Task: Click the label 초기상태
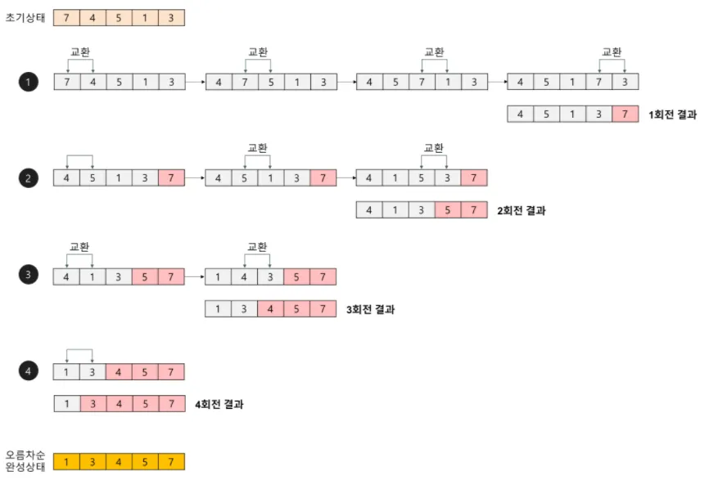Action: pyautogui.click(x=24, y=18)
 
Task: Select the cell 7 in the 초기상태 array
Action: pyautogui.click(x=66, y=18)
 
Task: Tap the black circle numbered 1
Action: pyautogui.click(x=29, y=82)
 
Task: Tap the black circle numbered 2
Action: pyautogui.click(x=29, y=177)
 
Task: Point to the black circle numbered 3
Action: pyautogui.click(x=29, y=276)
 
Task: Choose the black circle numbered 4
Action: pyautogui.click(x=29, y=372)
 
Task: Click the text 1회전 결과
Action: pyautogui.click(x=672, y=114)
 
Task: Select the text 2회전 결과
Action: pyautogui.click(x=521, y=210)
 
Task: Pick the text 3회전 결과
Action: pyautogui.click(x=370, y=309)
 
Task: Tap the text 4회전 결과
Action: pyautogui.click(x=218, y=404)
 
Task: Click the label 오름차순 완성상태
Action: pyautogui.click(x=25, y=460)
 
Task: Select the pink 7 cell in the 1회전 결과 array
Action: pyautogui.click(x=625, y=114)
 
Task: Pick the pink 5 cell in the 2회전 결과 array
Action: pyautogui.click(x=448, y=210)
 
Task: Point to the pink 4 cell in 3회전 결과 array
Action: pyautogui.click(x=270, y=309)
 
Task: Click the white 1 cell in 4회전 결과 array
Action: pyautogui.click(x=66, y=404)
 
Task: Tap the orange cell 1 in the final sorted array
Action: pyautogui.click(x=66, y=463)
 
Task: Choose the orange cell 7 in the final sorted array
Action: pyautogui.click(x=171, y=463)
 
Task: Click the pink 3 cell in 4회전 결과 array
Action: pyautogui.click(x=93, y=404)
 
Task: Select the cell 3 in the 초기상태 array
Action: pyautogui.click(x=171, y=18)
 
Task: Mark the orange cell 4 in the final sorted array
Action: pyautogui.click(x=119, y=463)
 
